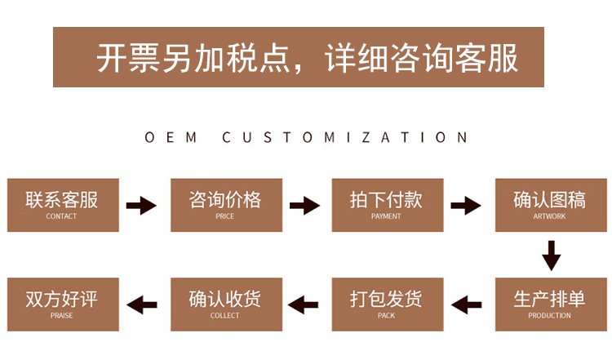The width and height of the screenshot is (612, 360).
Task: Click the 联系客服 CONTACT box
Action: click(62, 204)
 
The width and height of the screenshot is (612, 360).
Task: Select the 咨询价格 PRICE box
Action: click(225, 204)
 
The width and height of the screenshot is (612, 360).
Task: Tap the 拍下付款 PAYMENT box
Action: click(386, 204)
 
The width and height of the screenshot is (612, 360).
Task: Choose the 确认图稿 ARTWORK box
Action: click(549, 204)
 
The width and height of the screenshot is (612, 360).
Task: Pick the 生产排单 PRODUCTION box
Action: click(549, 304)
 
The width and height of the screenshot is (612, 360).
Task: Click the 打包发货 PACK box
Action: click(386, 304)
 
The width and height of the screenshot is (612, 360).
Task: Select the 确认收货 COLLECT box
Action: click(225, 304)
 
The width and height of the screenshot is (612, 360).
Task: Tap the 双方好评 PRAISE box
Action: click(62, 304)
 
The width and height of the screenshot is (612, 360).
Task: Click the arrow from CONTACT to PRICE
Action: click(142, 205)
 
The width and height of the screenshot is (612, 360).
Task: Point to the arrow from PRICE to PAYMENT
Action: click(304, 205)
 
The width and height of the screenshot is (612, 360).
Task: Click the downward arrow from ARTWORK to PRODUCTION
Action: click(552, 255)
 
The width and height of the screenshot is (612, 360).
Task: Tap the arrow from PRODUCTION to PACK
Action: click(467, 305)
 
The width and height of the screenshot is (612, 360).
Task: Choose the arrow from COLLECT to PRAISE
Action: click(143, 305)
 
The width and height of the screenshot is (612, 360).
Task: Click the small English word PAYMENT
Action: click(386, 216)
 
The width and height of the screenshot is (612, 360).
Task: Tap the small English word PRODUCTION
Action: click(549, 316)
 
